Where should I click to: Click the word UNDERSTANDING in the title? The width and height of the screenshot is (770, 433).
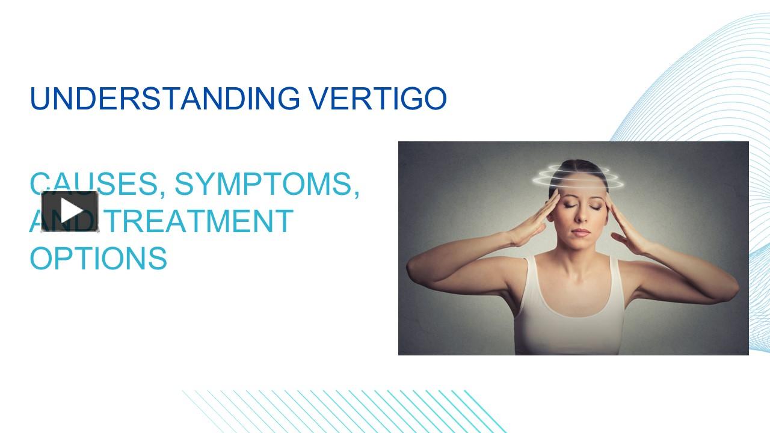point(165,99)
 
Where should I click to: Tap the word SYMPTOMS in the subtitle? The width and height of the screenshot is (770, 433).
point(263,184)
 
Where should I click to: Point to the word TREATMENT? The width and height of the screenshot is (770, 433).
point(200,221)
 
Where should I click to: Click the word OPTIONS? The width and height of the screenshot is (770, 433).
point(99,258)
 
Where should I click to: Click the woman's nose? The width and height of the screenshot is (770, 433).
point(582,215)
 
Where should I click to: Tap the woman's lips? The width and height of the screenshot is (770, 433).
point(581,233)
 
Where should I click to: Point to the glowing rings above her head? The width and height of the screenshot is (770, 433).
point(578,177)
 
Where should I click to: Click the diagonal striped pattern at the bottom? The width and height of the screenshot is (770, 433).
point(343,411)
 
